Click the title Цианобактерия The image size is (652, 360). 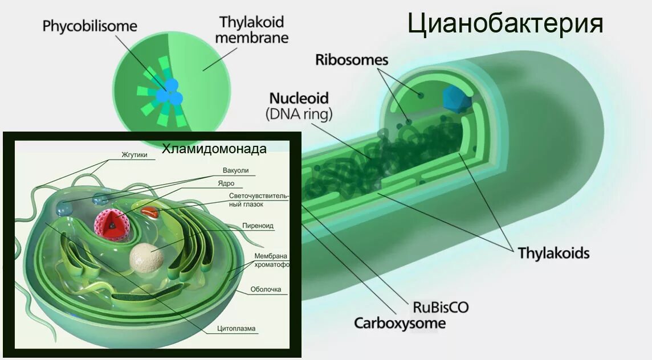505,24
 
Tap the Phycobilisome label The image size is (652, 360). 90,26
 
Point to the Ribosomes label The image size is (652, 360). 352,60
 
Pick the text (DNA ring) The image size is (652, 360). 299,114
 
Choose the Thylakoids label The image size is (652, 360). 553,252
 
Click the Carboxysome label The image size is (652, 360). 400,324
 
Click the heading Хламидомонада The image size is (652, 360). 214,149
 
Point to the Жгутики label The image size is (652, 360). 135,154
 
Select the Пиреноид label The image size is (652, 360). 258,226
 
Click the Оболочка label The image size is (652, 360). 266,289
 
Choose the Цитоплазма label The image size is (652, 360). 237,328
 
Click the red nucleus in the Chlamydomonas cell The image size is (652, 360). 112,224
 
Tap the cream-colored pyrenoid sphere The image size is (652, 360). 146,257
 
